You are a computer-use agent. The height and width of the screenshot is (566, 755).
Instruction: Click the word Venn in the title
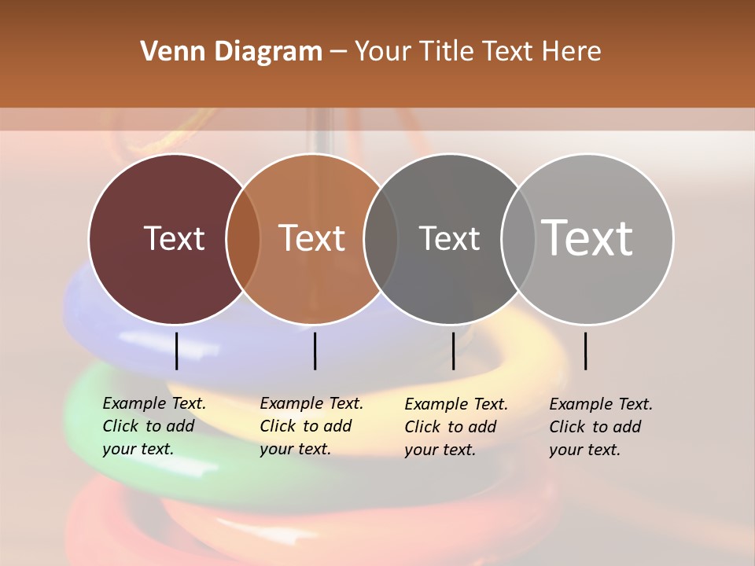167,52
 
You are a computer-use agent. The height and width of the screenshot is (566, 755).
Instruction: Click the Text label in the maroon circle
174,238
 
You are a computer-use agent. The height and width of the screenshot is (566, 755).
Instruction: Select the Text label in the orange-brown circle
312,238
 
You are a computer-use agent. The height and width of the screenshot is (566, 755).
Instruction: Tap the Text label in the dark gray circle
449,238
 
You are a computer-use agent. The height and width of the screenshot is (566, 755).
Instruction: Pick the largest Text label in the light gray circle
587,238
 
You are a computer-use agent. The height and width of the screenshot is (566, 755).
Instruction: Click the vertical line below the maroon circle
176,351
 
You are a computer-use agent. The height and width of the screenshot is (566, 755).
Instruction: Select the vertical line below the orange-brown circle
315,351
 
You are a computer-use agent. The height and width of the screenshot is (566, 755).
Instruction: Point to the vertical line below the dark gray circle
453,351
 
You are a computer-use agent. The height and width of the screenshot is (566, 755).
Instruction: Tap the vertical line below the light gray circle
585,351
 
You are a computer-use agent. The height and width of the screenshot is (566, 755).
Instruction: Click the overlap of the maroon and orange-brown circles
243,238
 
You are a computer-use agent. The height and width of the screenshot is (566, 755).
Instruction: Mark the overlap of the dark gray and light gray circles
518,238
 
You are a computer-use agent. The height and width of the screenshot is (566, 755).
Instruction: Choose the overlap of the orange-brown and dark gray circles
381,238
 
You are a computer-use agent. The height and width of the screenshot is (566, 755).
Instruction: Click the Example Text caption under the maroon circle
153,426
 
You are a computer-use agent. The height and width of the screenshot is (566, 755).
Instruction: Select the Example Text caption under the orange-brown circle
311,426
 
